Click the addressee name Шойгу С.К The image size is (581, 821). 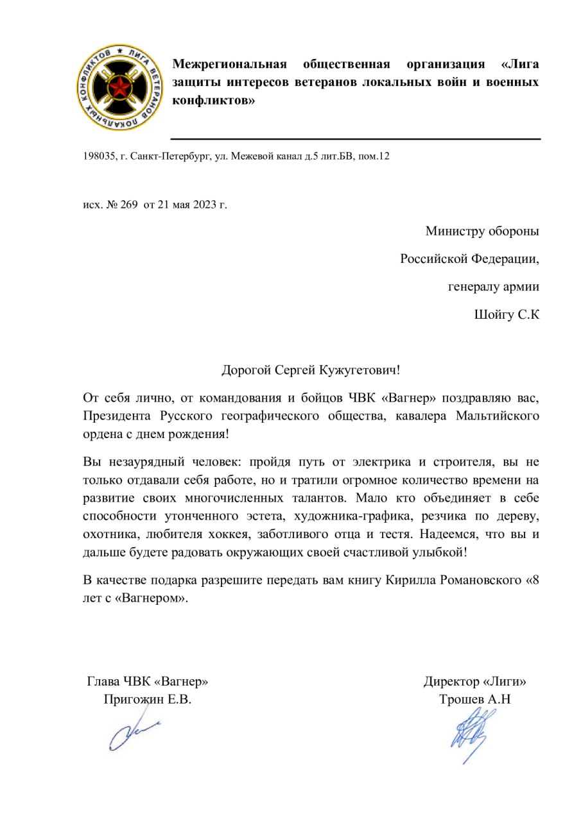(x=505, y=316)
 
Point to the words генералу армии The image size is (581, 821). (x=493, y=287)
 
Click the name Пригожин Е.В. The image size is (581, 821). (x=148, y=700)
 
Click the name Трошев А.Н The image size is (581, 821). (x=475, y=700)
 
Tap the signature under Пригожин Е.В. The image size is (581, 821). (x=132, y=734)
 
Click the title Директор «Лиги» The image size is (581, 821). (x=475, y=682)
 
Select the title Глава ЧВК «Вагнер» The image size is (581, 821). (x=148, y=682)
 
